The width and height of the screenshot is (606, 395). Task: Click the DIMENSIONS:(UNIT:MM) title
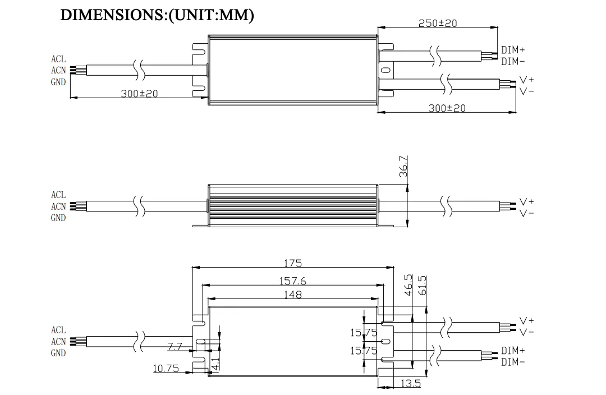[157, 15]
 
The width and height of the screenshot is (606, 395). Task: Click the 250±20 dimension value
[438, 23]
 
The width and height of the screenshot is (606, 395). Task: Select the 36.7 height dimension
[403, 166]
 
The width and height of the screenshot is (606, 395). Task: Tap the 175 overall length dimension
[293, 263]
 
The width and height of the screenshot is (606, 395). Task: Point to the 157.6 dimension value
[292, 281]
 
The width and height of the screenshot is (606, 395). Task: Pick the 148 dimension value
[292, 295]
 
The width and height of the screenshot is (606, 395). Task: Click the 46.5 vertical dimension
[408, 285]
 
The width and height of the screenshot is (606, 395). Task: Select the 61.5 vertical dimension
[423, 285]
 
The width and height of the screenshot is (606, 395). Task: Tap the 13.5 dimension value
[410, 383]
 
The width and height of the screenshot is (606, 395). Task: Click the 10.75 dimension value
[166, 368]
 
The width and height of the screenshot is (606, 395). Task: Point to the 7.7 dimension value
[175, 347]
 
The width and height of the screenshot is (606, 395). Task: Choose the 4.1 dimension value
[215, 364]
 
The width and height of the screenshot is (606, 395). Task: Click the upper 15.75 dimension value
[364, 332]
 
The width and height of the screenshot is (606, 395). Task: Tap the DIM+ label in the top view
[513, 50]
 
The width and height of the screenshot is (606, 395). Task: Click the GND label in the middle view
[58, 218]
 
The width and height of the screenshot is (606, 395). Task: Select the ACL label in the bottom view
[58, 330]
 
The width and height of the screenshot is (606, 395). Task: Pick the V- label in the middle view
[526, 213]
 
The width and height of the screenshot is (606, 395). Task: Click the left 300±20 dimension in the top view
[139, 94]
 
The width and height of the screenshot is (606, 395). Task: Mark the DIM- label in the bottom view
[513, 362]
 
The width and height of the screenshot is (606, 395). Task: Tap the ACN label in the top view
[58, 70]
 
